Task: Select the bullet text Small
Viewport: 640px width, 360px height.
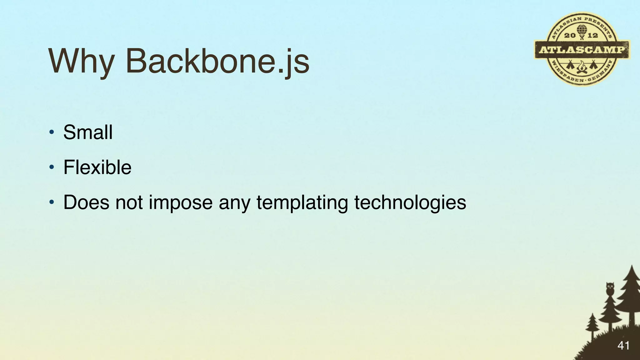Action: pyautogui.click(x=88, y=132)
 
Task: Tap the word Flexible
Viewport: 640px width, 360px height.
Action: pyautogui.click(x=97, y=167)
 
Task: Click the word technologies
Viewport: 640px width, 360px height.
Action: pyautogui.click(x=410, y=202)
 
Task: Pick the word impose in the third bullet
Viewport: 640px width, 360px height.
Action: pyautogui.click(x=181, y=202)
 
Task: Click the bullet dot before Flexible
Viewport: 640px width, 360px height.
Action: pyautogui.click(x=52, y=167)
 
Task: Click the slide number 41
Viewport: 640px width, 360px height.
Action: pyautogui.click(x=623, y=346)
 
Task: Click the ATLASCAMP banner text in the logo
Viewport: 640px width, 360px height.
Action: pyautogui.click(x=582, y=50)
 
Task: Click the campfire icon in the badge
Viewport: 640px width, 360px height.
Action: pyautogui.click(x=582, y=67)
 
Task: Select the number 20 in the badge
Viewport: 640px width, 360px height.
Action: pyautogui.click(x=570, y=35)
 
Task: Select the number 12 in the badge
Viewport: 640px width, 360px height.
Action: pyautogui.click(x=593, y=35)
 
